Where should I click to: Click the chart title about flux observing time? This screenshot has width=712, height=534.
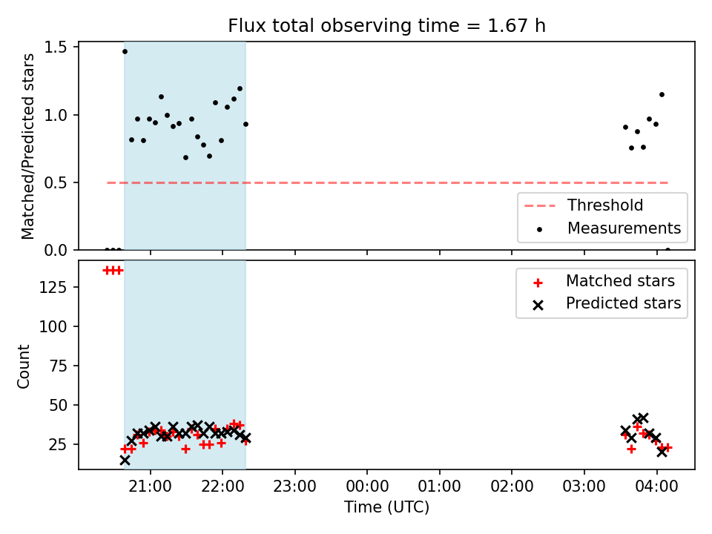coord(386,26)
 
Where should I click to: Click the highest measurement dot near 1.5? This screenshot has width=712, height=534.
coord(125,52)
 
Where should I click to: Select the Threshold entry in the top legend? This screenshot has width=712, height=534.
coord(584,205)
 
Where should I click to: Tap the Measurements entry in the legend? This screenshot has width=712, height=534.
coord(609,228)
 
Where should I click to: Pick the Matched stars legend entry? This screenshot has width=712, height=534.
coord(604,282)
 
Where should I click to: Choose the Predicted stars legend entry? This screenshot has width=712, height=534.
coord(607,304)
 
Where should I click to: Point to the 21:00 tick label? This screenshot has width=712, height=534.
coord(151,487)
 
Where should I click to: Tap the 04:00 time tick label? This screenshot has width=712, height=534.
coord(656,487)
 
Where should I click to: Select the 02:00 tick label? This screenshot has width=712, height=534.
coord(512,487)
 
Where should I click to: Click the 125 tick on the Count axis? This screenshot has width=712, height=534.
coord(53,288)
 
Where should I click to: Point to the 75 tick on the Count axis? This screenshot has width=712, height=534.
coord(58,366)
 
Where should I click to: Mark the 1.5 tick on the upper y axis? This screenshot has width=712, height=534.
coord(56,47)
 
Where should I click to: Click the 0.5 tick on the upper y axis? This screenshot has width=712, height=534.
coord(56,183)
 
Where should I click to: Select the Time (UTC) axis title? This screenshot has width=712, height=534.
coord(386,507)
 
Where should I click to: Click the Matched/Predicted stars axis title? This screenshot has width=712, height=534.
coord(27,146)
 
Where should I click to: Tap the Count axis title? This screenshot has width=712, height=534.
coord(23,366)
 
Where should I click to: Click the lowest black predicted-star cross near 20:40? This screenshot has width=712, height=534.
coord(125,461)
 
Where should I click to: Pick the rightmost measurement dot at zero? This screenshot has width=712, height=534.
coord(667,250)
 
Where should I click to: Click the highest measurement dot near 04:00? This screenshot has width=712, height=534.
coord(662,95)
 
